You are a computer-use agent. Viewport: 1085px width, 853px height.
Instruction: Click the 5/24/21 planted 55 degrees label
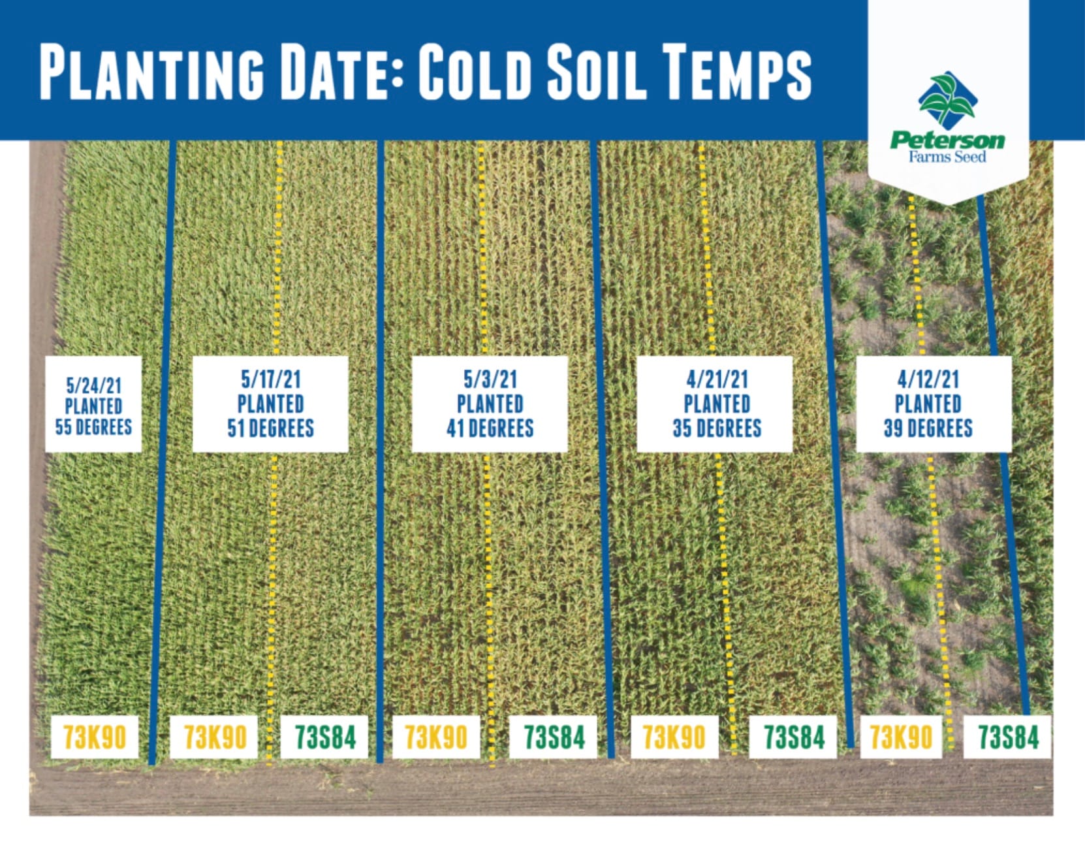click(x=93, y=404)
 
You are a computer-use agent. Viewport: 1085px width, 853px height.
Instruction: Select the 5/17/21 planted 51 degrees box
click(x=270, y=404)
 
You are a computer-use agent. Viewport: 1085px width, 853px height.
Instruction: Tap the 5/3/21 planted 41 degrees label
click(x=490, y=404)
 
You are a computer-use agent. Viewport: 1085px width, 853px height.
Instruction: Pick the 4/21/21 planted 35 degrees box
click(x=714, y=404)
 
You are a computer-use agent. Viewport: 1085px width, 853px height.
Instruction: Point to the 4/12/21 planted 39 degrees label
click(x=934, y=404)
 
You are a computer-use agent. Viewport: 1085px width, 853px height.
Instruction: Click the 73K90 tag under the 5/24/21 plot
click(x=95, y=737)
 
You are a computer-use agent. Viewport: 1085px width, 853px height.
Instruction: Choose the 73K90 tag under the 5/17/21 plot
click(x=213, y=737)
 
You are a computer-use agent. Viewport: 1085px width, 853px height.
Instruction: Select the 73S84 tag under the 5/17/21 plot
click(x=324, y=737)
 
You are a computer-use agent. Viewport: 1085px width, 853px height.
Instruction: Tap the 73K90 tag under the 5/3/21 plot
click(x=436, y=737)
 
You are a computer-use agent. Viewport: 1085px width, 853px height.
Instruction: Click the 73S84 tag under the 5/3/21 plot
click(x=553, y=737)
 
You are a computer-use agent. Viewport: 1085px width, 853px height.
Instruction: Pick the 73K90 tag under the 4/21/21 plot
click(x=674, y=737)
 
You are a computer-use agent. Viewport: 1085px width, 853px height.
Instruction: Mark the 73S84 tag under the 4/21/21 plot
click(x=793, y=737)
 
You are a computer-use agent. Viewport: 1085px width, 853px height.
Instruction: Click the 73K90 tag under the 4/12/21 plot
click(x=902, y=737)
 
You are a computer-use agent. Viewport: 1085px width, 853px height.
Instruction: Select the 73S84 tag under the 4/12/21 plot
click(x=1007, y=737)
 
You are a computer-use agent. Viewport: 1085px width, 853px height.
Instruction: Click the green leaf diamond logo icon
click(x=947, y=99)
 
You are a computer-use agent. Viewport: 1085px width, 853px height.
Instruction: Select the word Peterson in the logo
click(x=947, y=140)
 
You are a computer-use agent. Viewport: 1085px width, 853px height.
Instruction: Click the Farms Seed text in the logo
click(x=947, y=157)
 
